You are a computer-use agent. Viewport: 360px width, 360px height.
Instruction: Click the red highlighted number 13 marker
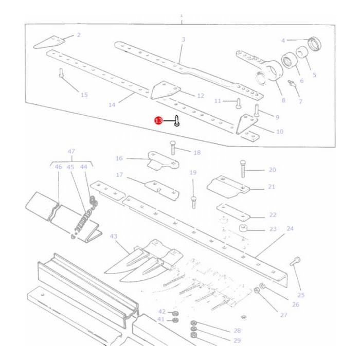pyautogui.click(x=158, y=120)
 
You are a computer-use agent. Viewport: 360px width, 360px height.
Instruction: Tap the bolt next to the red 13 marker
pyautogui.click(x=176, y=121)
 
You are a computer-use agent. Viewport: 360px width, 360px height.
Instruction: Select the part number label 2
pyautogui.click(x=79, y=35)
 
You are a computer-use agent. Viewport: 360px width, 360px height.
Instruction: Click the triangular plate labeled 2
pyautogui.click(x=48, y=42)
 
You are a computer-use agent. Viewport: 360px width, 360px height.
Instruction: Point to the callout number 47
pyautogui.click(x=71, y=152)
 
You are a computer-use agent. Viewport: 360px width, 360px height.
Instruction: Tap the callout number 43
pyautogui.click(x=114, y=236)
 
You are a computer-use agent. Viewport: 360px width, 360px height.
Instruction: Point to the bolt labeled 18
pyautogui.click(x=173, y=149)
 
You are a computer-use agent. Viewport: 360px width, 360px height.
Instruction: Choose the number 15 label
pyautogui.click(x=84, y=95)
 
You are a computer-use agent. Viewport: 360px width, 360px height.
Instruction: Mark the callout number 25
pyautogui.click(x=301, y=295)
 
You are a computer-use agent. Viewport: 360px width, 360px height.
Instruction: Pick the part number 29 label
pyautogui.click(x=237, y=340)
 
